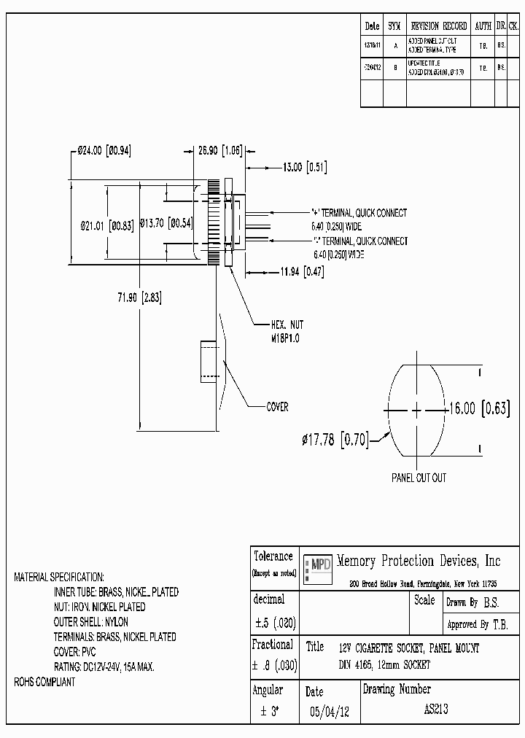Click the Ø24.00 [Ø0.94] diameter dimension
click(x=104, y=151)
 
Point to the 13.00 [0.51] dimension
click(x=304, y=167)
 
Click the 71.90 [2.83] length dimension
click(x=138, y=297)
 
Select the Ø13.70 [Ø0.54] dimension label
click(x=165, y=222)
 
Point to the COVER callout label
click(x=277, y=407)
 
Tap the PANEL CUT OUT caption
click(x=419, y=478)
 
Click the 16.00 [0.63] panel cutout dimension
click(x=478, y=409)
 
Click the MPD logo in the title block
click(x=317, y=564)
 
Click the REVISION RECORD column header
click(x=438, y=26)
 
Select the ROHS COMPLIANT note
click(x=44, y=683)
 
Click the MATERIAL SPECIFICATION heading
click(x=59, y=577)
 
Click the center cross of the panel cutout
click(x=416, y=410)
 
